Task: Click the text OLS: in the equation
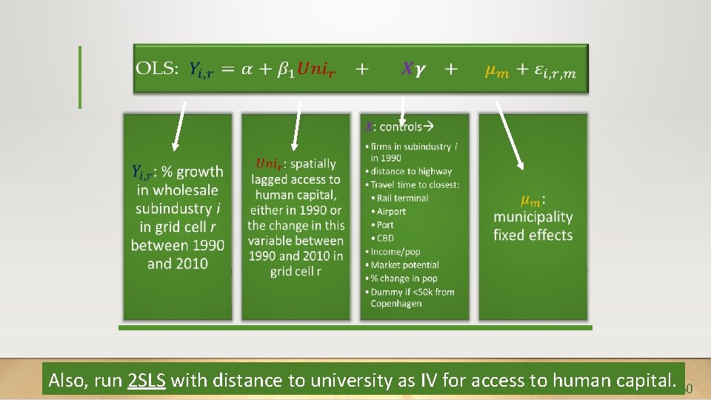(157, 70)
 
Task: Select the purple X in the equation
(407, 70)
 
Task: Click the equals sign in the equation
(228, 70)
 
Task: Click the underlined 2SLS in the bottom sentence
(147, 381)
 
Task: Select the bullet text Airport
(391, 211)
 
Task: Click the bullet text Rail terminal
(402, 198)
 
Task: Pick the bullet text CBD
(385, 238)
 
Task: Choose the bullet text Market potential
(405, 264)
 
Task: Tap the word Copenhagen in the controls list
(396, 304)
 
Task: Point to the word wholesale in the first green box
(178, 190)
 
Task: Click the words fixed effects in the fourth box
(533, 236)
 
